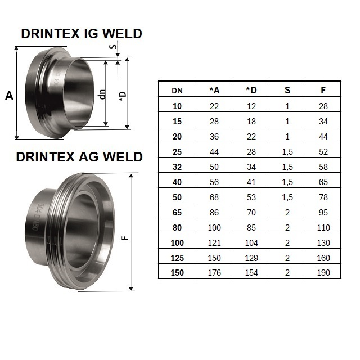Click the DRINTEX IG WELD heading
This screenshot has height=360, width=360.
point(82,34)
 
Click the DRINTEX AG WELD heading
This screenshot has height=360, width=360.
point(79,157)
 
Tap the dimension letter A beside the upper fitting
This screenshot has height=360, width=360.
point(9,96)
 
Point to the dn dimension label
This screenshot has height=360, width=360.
point(102,94)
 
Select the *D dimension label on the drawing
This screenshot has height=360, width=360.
point(123,97)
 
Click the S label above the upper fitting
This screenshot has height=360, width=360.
point(113,47)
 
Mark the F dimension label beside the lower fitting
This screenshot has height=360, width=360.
point(125,237)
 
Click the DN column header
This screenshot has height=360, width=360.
point(177,91)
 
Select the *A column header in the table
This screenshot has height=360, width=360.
point(214,90)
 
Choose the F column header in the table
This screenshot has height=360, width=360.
point(323,90)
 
